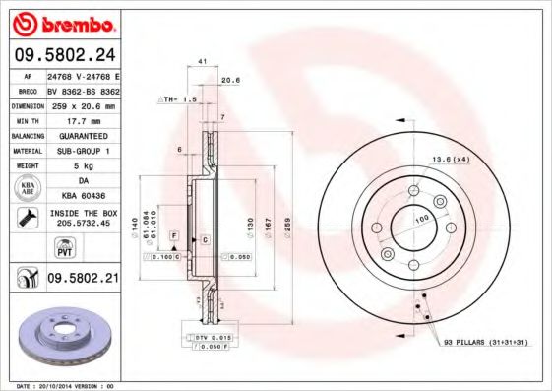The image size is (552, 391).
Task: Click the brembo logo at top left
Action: click(x=61, y=22)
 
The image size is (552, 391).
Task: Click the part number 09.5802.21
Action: click(x=83, y=280)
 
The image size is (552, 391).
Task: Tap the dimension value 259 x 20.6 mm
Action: click(x=83, y=105)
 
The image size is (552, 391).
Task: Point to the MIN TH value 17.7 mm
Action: click(x=83, y=120)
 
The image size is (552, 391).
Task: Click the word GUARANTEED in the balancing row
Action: click(x=83, y=135)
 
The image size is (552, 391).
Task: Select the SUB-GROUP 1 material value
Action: click(x=83, y=151)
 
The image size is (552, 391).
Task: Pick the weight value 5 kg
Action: click(x=83, y=165)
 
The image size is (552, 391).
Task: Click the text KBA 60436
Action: click(x=83, y=195)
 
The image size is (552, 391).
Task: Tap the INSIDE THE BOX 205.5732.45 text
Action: click(x=83, y=218)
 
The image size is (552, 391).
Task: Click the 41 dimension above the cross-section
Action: click(x=201, y=62)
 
